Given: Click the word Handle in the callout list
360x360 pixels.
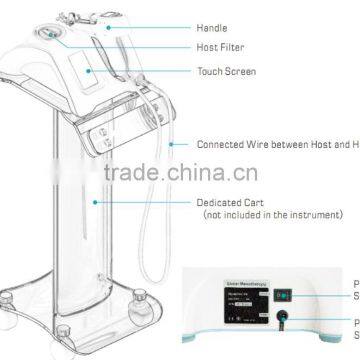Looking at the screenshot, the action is [x=213, y=29].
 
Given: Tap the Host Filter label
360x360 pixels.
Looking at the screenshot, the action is [x=222, y=48].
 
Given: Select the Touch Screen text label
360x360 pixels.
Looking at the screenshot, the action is [x=225, y=72].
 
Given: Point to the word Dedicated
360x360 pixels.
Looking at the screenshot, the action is [x=220, y=201].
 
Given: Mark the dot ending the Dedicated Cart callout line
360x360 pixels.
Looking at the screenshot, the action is [x=95, y=201].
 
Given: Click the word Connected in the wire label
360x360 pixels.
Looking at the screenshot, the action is [x=220, y=144].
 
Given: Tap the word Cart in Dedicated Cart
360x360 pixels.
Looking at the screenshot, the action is [x=257, y=201].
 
